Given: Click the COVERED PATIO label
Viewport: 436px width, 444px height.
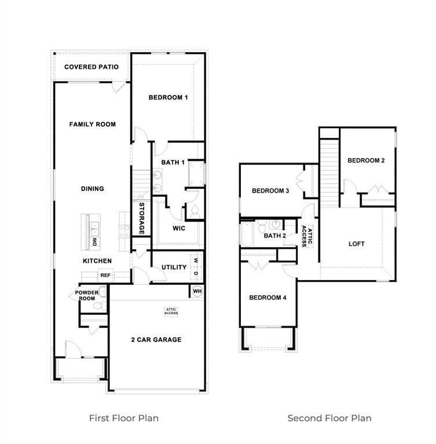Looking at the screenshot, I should click(x=91, y=67).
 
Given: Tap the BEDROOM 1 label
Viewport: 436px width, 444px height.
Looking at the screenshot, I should click(x=168, y=97).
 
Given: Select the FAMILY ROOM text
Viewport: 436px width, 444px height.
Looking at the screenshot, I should click(x=93, y=124).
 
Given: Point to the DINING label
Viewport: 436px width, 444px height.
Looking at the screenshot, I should click(x=93, y=189).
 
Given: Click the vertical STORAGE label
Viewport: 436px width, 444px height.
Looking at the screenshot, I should click(x=141, y=218).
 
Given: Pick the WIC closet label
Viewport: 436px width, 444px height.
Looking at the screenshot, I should click(x=179, y=228).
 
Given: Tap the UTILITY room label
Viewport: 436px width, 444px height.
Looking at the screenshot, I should click(x=174, y=267).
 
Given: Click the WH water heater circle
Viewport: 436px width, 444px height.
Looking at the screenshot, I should click(x=197, y=291).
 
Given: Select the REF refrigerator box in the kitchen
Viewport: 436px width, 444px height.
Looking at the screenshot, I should click(x=105, y=276).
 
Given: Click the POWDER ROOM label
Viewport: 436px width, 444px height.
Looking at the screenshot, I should click(x=86, y=295).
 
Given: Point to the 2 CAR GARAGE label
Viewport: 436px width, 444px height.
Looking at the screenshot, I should click(x=156, y=340).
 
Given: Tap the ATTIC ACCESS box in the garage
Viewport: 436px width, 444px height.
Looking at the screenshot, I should click(x=171, y=311).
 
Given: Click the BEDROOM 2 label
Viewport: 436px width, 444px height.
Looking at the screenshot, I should click(x=366, y=160).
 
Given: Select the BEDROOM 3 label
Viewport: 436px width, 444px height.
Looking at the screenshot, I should click(x=270, y=191).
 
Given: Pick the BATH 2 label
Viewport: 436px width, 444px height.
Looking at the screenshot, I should click(x=275, y=236).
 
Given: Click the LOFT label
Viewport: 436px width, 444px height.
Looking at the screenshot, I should click(x=357, y=244).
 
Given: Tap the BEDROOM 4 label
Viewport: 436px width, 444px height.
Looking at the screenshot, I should click(x=268, y=298).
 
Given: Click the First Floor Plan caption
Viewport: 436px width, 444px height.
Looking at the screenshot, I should click(x=123, y=418).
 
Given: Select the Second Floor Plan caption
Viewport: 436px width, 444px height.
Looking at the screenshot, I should click(x=329, y=418).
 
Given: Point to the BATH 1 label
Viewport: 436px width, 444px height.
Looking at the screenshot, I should click(x=173, y=163).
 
